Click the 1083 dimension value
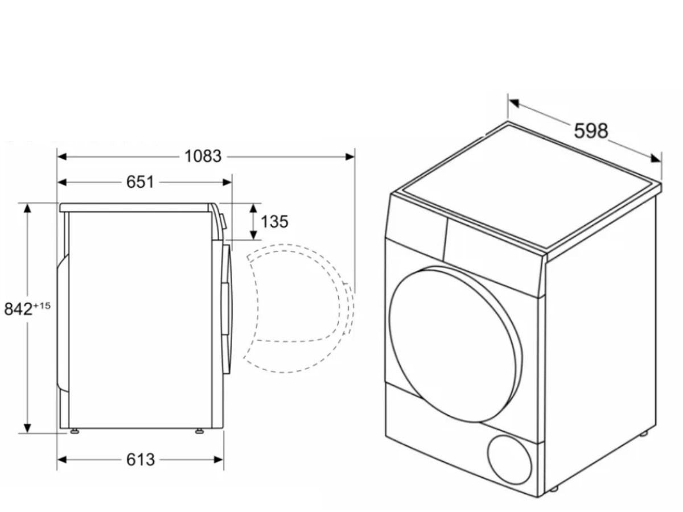point(203,156)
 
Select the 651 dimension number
point(140,182)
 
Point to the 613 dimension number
point(140,459)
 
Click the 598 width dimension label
point(591,131)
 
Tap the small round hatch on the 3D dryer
point(510,460)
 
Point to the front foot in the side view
point(199,431)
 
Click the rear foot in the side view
point(75,431)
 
